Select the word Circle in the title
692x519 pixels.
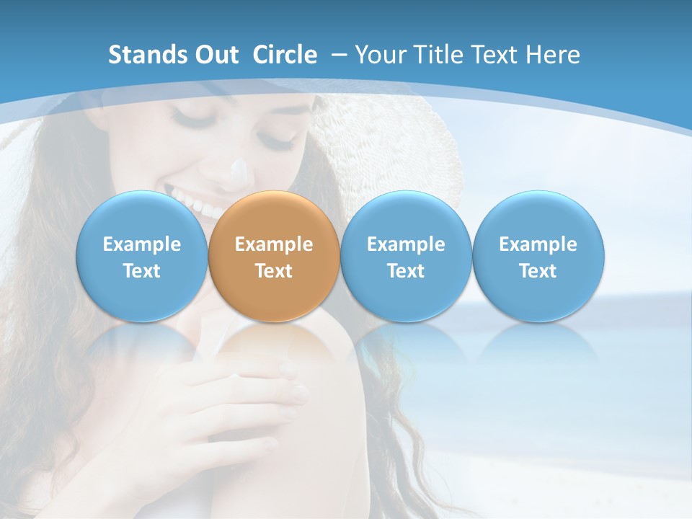(285, 55)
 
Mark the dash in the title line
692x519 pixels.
(338, 55)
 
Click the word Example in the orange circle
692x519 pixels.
(274, 244)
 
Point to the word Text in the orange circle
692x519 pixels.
(274, 271)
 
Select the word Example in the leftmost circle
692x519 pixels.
(141, 244)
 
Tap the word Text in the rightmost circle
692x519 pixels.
(538, 271)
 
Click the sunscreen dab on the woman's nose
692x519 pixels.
(238, 174)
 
